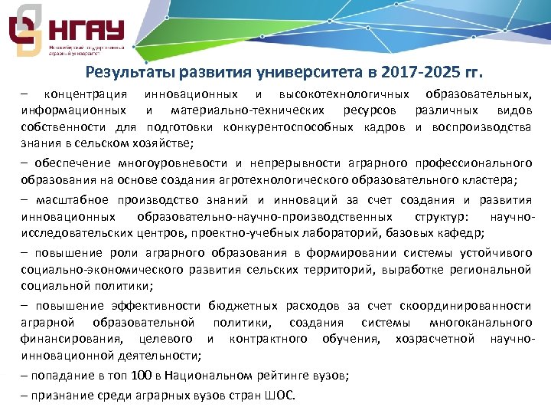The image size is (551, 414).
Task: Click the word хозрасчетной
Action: [x=437, y=338]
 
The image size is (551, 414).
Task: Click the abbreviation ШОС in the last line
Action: [x=280, y=396]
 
